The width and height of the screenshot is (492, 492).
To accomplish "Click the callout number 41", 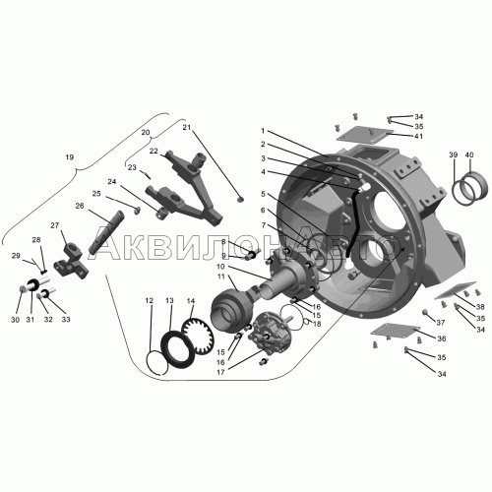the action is click(x=418, y=136).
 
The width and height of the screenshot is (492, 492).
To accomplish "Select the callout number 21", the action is click(x=187, y=128).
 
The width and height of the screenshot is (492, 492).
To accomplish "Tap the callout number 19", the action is click(x=70, y=157).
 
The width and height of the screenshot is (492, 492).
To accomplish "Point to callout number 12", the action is click(x=150, y=300).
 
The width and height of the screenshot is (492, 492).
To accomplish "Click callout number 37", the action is click(x=441, y=323).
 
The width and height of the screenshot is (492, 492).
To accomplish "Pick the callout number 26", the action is click(x=80, y=206).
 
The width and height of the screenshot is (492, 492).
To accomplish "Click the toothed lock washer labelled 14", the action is click(x=198, y=337).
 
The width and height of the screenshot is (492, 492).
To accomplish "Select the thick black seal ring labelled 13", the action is click(x=177, y=348).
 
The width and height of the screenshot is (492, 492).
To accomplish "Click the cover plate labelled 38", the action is click(x=455, y=290).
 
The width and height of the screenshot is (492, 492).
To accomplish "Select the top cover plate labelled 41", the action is click(x=365, y=135).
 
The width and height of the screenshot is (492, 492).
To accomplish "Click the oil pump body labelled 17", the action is click(x=271, y=334).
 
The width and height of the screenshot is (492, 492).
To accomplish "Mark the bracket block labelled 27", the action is click(x=71, y=264).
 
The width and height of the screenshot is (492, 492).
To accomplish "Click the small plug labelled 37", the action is click(x=425, y=312).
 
